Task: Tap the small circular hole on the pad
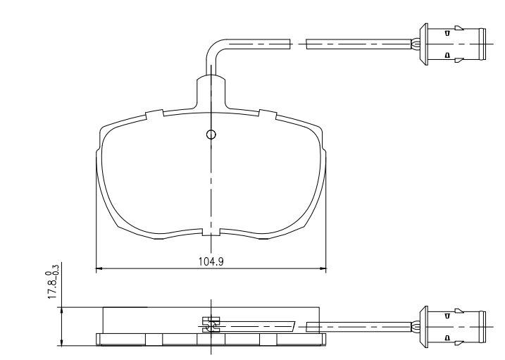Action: point(211,135)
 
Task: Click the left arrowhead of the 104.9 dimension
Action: point(99,268)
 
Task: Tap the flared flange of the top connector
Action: point(425,44)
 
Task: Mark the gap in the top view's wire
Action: point(299,44)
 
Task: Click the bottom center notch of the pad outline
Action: point(211,232)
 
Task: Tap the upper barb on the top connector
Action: point(448,32)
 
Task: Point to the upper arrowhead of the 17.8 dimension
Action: point(63,310)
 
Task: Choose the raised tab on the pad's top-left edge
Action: point(154,113)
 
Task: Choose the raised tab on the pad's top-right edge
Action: point(268,113)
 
